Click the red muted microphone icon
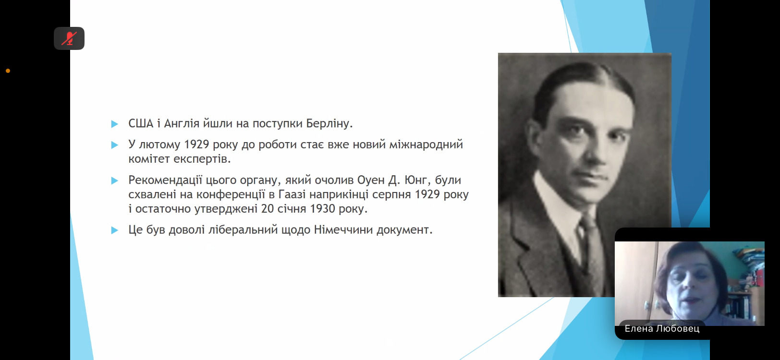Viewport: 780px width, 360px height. click(69, 38)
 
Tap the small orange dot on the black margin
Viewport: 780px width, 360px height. click(8, 71)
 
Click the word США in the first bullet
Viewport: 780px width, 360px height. click(141, 123)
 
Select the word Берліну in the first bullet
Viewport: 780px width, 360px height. click(329, 124)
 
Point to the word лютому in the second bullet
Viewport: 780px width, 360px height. click(159, 144)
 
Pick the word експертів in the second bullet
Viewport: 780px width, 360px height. click(202, 159)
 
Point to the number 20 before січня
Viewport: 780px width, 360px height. click(268, 209)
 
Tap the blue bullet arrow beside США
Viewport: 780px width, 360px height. click(115, 124)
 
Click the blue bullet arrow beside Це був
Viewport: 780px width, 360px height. click(115, 230)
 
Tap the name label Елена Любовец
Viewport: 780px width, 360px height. click(662, 329)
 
